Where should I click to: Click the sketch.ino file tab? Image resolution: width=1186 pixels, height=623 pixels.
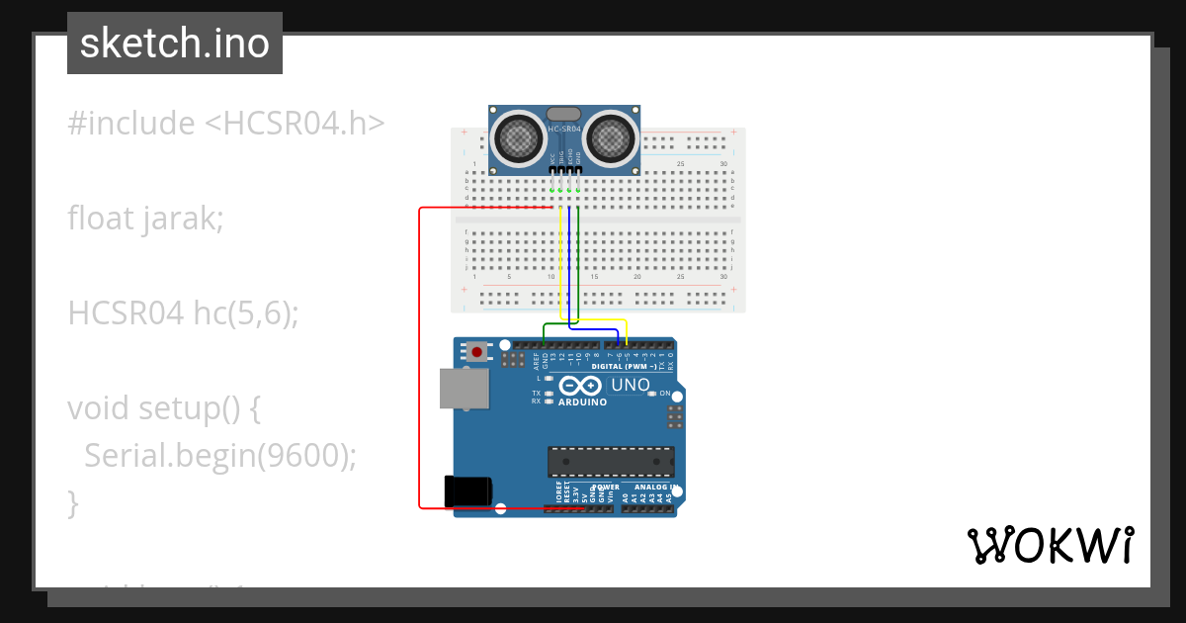(x=175, y=44)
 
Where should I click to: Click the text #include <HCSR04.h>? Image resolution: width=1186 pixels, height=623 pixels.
(x=225, y=124)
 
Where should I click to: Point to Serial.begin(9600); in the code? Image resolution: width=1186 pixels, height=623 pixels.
(x=219, y=455)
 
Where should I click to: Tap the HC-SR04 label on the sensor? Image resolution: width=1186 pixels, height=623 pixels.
(x=564, y=129)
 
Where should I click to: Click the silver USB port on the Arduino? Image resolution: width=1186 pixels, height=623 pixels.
(x=465, y=389)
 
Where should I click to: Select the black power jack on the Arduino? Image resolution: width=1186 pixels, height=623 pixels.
(x=468, y=491)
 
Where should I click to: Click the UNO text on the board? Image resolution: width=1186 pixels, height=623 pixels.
(x=631, y=385)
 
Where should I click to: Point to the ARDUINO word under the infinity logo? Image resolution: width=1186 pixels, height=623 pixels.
(x=582, y=402)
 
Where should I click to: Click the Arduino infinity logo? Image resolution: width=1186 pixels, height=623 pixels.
(x=582, y=386)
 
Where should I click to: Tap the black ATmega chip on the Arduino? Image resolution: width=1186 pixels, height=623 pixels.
(x=612, y=462)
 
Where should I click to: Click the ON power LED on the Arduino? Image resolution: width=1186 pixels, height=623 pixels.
(x=652, y=394)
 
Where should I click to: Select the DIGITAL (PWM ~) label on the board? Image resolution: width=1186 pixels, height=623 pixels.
(x=623, y=366)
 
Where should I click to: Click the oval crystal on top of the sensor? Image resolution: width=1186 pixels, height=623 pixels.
(x=563, y=115)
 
